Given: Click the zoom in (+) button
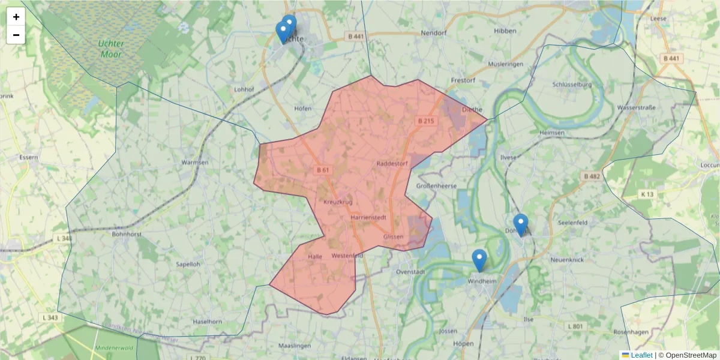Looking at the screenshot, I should tap(16, 17).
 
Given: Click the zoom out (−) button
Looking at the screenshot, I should tap(16, 35).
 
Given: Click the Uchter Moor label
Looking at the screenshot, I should tap(110, 49).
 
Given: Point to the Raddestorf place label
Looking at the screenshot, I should tap(392, 163).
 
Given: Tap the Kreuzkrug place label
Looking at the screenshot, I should tap(338, 202).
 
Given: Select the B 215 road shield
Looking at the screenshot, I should tap(425, 121).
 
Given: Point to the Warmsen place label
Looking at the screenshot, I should tap(195, 163).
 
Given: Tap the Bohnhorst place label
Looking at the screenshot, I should tap(127, 235).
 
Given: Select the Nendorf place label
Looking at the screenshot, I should tap(435, 33).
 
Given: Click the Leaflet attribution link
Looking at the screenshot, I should tap(641, 355).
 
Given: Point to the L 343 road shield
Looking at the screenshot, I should tap(51, 317).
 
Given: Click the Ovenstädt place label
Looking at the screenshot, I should tap(411, 272).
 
